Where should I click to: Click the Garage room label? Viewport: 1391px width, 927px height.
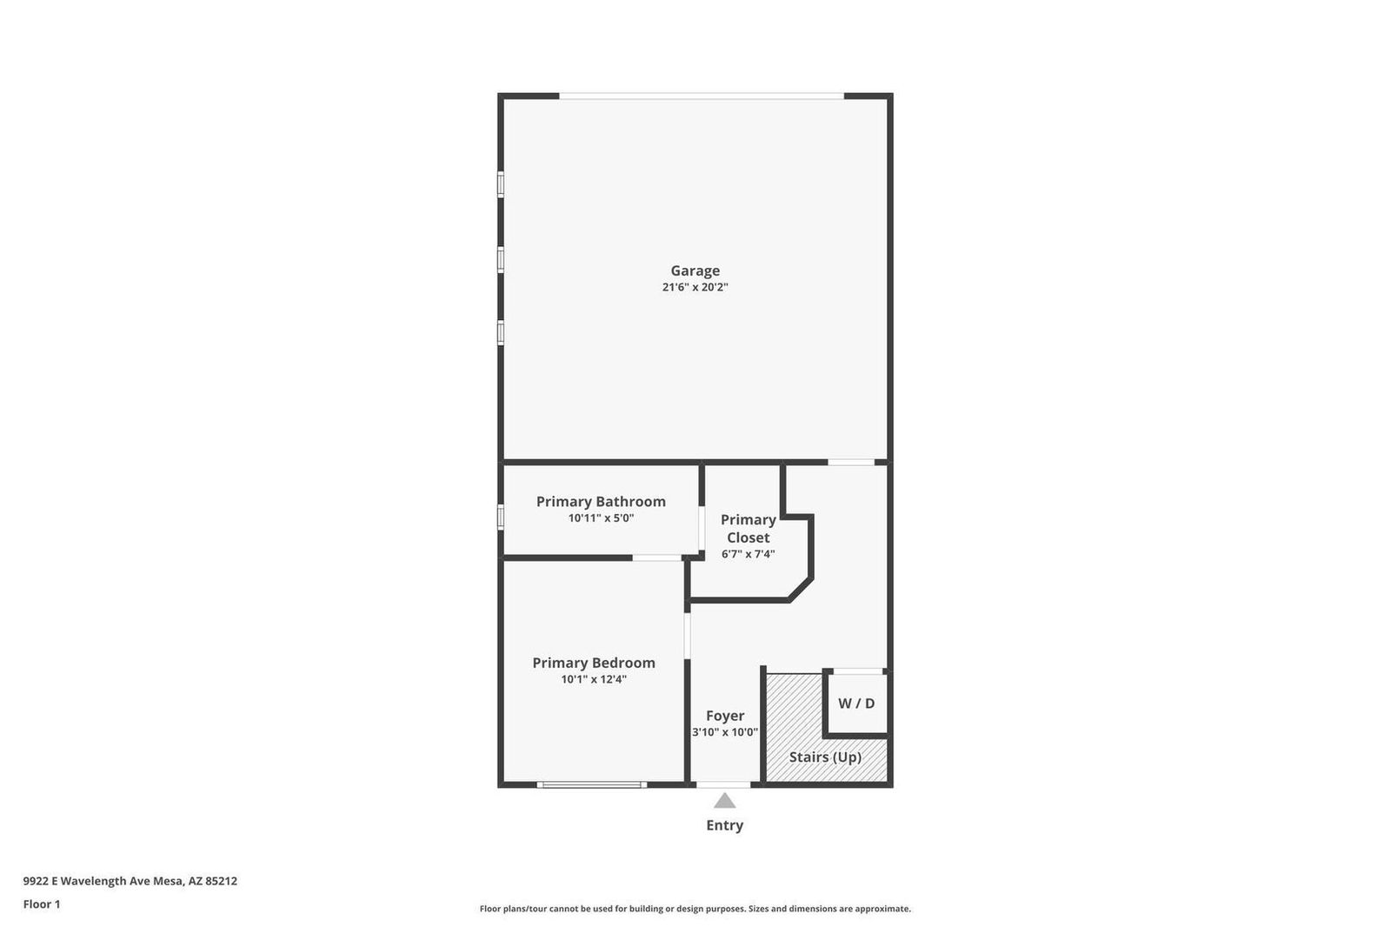(x=695, y=270)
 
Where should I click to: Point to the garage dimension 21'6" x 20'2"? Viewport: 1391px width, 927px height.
(x=695, y=287)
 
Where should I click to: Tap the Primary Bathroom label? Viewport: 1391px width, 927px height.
(x=601, y=502)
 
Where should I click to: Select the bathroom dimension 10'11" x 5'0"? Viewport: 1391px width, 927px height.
(x=601, y=518)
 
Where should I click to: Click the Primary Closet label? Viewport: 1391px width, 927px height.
(x=748, y=529)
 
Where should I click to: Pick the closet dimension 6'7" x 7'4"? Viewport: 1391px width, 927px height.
(x=748, y=554)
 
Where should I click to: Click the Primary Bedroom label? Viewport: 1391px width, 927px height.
(x=594, y=663)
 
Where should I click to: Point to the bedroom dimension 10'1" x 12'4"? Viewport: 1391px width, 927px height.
(x=594, y=679)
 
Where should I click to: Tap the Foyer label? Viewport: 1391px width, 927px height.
(x=725, y=716)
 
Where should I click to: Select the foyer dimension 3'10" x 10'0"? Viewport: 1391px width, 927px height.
(x=725, y=732)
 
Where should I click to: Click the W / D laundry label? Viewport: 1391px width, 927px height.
(x=856, y=704)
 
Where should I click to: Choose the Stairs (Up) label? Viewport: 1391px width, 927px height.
(x=825, y=757)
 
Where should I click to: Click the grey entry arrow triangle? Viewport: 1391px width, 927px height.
(x=724, y=801)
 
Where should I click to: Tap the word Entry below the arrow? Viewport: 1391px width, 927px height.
(x=724, y=825)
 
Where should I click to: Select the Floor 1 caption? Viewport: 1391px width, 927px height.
(x=42, y=904)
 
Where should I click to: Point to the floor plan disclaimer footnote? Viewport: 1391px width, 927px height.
(x=695, y=909)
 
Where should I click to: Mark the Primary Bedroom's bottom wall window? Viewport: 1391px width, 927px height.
(x=591, y=785)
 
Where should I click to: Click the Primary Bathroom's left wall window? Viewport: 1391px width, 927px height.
(x=501, y=517)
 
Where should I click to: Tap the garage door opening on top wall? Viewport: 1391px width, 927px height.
(x=701, y=96)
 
